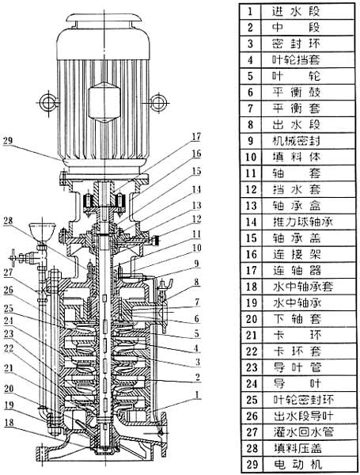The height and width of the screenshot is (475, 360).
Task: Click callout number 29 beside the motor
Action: coord(9,142)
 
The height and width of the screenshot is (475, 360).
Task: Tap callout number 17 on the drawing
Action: coord(196,137)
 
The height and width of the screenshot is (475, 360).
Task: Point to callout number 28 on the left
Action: coord(8,221)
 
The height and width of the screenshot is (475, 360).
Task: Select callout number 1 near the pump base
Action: coord(198,395)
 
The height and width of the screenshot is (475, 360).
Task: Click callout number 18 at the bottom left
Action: coord(9,423)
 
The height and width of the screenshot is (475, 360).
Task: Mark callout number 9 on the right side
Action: coord(197,264)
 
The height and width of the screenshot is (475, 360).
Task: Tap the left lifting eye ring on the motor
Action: coord(47,102)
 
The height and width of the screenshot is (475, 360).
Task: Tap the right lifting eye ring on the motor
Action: coord(158,102)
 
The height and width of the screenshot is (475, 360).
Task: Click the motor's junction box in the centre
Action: coord(104,101)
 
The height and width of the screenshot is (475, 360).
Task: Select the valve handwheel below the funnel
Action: coord(13,258)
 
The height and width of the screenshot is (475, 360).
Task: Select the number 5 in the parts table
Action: coord(250,76)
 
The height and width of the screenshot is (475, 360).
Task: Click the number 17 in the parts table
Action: coord(252,271)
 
